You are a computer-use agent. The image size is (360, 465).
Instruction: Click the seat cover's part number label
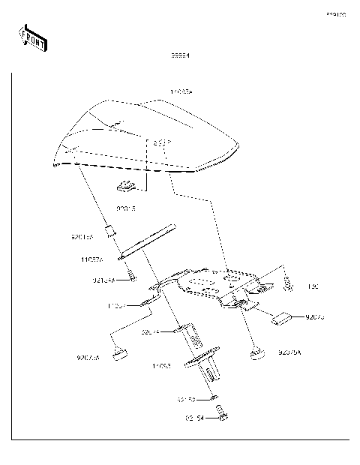tap(181, 92)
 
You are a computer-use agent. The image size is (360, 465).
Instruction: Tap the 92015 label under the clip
tap(126, 206)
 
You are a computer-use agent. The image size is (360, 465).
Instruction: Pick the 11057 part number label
tap(117, 306)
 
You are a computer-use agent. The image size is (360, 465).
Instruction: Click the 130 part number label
tap(313, 286)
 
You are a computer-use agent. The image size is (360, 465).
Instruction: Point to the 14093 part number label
tap(162, 367)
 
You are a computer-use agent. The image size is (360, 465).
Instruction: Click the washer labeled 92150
tap(213, 397)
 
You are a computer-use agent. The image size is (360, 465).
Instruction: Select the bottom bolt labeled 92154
tap(220, 412)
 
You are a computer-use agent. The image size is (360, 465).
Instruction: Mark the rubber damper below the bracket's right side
tap(256, 350)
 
